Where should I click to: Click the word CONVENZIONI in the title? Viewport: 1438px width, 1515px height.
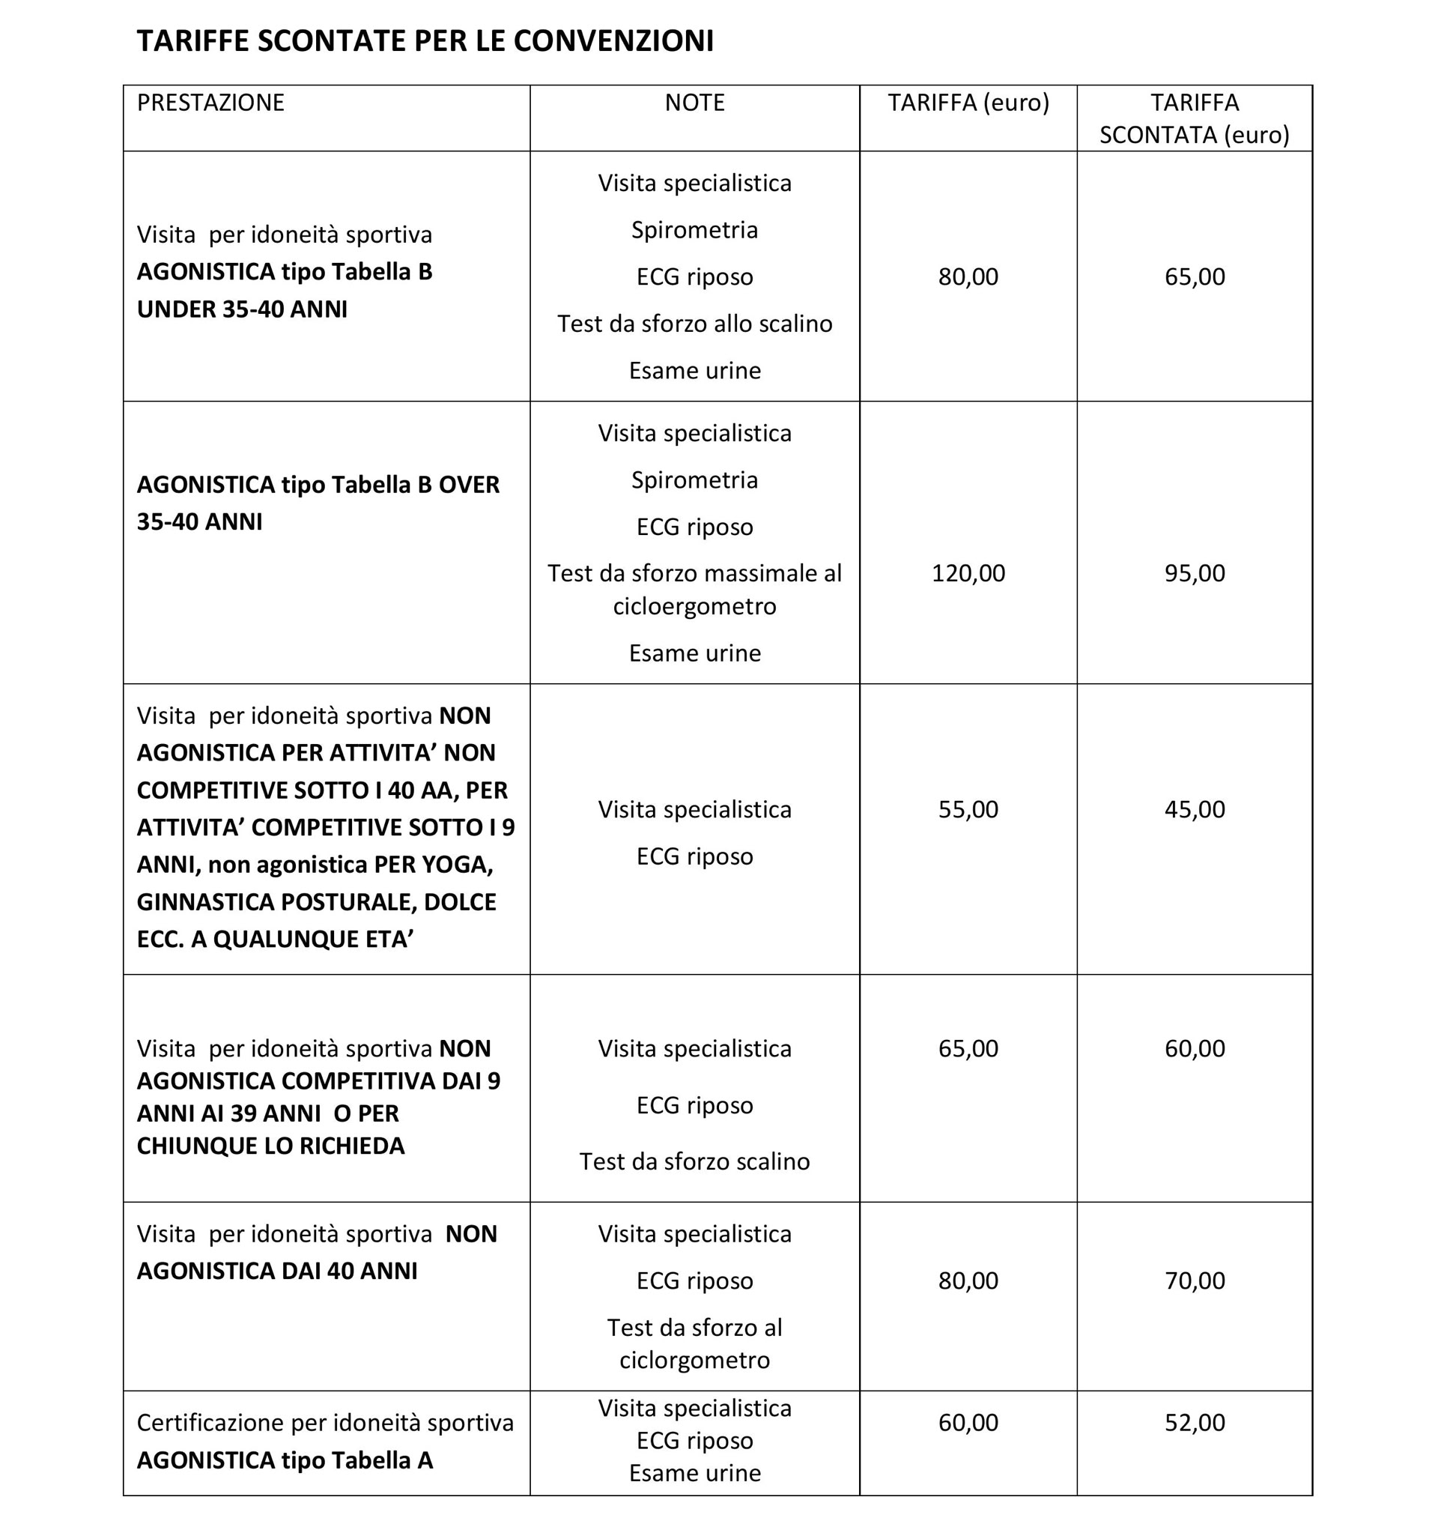coord(613,40)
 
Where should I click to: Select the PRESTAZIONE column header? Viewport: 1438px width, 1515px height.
coord(210,103)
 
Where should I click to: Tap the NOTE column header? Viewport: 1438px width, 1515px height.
coord(694,103)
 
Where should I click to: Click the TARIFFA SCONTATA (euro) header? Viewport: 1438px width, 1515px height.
coord(1194,119)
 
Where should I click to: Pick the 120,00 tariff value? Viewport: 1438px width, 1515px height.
coord(968,573)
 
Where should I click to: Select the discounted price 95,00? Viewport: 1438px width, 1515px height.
coord(1195,573)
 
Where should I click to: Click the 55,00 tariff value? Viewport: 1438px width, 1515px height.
coord(968,810)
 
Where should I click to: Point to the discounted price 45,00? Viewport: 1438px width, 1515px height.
coord(1195,810)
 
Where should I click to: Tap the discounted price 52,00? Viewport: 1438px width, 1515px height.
coord(1195,1423)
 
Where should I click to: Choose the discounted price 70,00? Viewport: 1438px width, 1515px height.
coord(1195,1280)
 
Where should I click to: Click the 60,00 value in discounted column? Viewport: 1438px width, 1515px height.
coord(1195,1048)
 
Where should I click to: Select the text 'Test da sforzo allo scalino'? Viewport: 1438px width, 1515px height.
coord(694,324)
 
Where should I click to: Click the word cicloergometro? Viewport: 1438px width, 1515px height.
coord(694,606)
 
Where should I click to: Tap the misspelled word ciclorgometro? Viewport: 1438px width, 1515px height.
coord(694,1360)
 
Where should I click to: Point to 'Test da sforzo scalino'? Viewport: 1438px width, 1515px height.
coord(694,1161)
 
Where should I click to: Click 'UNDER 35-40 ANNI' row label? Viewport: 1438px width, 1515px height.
coord(242,309)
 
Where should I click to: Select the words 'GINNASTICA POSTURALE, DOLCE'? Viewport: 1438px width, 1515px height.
coord(317,901)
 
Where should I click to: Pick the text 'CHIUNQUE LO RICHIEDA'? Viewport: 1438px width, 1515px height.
coord(270,1146)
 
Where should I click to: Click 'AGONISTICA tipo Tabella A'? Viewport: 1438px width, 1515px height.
coord(285,1460)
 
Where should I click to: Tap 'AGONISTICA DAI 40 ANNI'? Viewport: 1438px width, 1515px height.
coord(276,1271)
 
